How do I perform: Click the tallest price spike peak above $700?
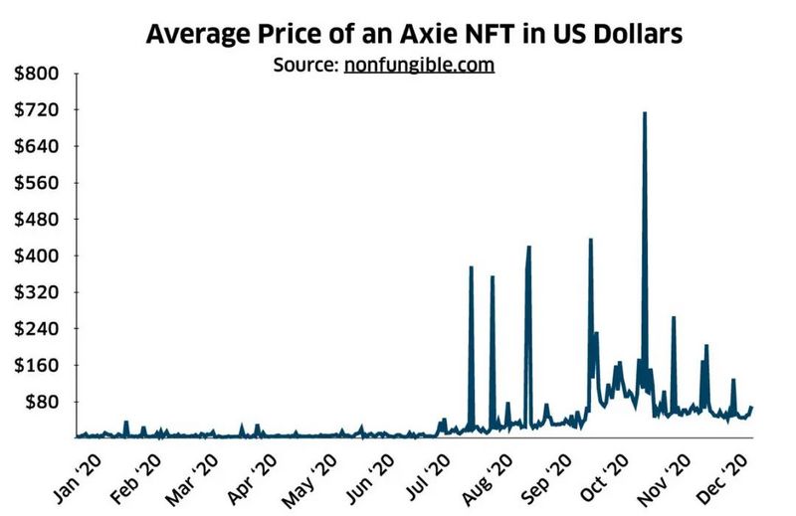tap(645, 113)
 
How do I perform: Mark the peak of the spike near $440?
tap(591, 240)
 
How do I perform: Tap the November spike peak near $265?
tap(674, 317)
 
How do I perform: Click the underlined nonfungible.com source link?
tap(420, 65)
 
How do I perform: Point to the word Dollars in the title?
tap(636, 35)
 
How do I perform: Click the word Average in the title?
tap(194, 35)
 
